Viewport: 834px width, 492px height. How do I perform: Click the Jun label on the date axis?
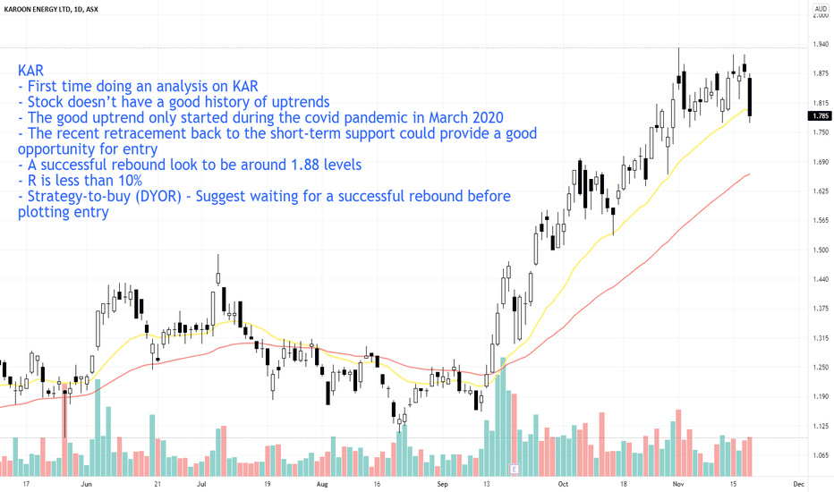pos(87,484)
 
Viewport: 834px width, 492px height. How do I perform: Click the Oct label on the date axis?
pos(563,484)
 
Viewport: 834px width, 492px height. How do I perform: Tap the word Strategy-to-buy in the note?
pos(74,197)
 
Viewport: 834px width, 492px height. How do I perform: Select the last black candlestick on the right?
pos(750,97)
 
